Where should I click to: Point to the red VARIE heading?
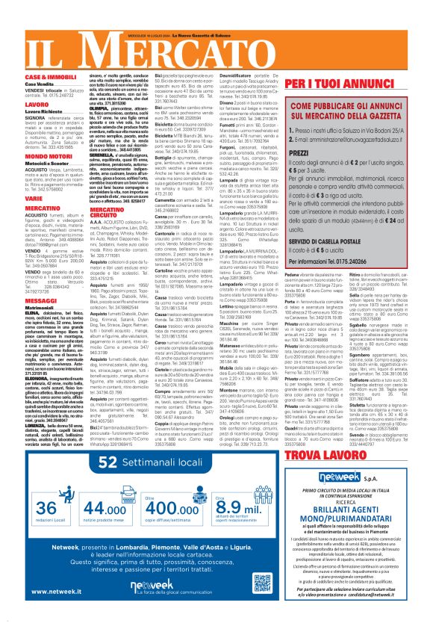[34, 199]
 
